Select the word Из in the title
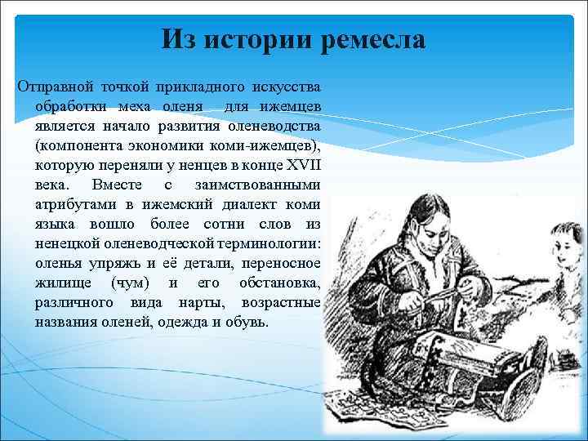tap(179, 39)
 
